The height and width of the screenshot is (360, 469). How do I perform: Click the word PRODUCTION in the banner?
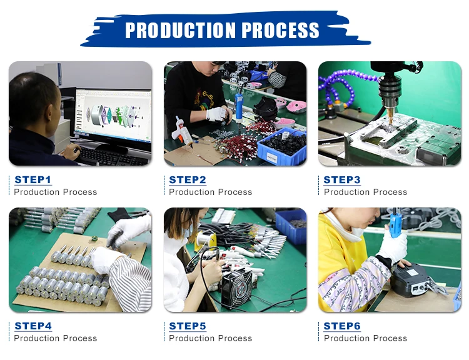click(x=180, y=30)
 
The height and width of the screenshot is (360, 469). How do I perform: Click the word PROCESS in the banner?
click(x=280, y=30)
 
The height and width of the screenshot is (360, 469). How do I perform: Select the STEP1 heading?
click(x=33, y=180)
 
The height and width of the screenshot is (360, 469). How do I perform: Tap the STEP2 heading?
click(x=188, y=180)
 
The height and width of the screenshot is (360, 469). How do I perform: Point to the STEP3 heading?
click(x=342, y=180)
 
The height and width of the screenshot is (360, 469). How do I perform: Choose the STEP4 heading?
click(x=33, y=326)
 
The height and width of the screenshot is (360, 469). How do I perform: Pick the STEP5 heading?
click(x=188, y=326)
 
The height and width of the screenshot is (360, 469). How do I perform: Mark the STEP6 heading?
click(x=342, y=326)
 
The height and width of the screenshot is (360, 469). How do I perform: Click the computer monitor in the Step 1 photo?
click(x=113, y=118)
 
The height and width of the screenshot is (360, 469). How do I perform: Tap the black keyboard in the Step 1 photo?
click(x=111, y=156)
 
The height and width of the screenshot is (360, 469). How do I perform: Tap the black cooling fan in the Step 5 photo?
click(x=237, y=287)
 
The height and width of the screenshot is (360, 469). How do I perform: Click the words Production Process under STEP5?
click(x=211, y=338)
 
